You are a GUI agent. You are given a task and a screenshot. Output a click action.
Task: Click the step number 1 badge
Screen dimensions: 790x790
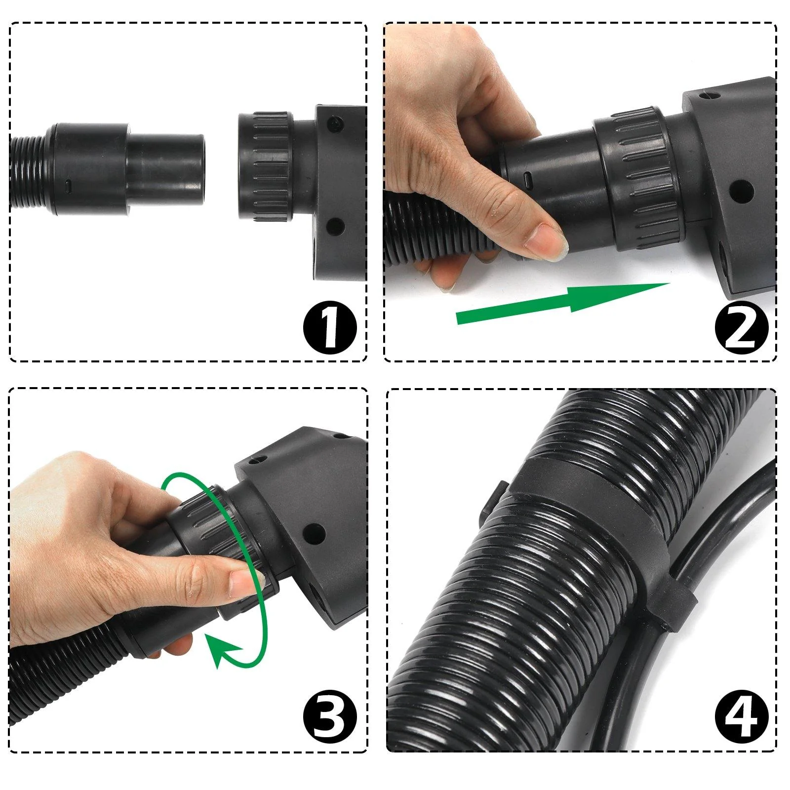coord(329,327)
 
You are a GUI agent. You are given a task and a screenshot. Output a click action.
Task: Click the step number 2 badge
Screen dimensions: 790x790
coord(741,327)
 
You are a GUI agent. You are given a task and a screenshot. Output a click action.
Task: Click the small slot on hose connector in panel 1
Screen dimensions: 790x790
coord(69,186)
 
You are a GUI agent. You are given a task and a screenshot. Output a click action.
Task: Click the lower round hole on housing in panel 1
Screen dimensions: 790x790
coord(336,226)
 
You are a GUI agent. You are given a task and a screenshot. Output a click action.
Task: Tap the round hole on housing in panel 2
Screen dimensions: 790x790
coord(741,189)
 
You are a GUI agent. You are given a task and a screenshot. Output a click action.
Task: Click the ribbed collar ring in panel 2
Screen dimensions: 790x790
coord(634,168)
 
